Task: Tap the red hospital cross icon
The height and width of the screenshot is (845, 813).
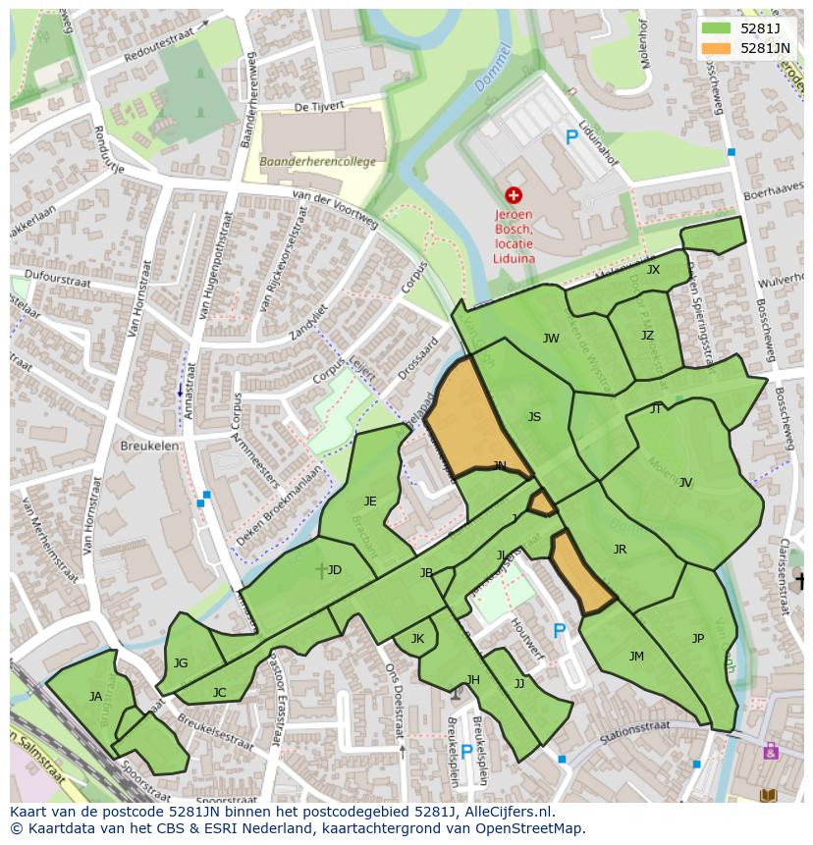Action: (513, 195)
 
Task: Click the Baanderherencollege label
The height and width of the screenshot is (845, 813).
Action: (317, 162)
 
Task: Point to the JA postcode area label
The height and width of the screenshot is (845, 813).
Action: (95, 697)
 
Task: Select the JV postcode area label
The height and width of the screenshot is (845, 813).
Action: (685, 482)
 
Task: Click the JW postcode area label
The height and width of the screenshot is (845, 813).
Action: (551, 339)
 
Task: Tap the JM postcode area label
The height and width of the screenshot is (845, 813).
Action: (636, 657)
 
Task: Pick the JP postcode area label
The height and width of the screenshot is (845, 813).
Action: (698, 638)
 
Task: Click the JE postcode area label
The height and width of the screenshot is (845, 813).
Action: (370, 502)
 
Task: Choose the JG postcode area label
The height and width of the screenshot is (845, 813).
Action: (181, 663)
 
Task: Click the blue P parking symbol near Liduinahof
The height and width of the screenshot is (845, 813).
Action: (571, 138)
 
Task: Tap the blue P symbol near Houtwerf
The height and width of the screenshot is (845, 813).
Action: (560, 631)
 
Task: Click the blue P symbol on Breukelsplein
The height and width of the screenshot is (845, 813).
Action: (467, 752)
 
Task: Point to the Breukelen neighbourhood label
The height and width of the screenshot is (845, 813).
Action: (149, 445)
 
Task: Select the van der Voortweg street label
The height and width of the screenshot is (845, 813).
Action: (335, 209)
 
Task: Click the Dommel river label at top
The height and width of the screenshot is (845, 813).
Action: (494, 69)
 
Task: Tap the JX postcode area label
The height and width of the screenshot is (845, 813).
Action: (653, 270)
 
